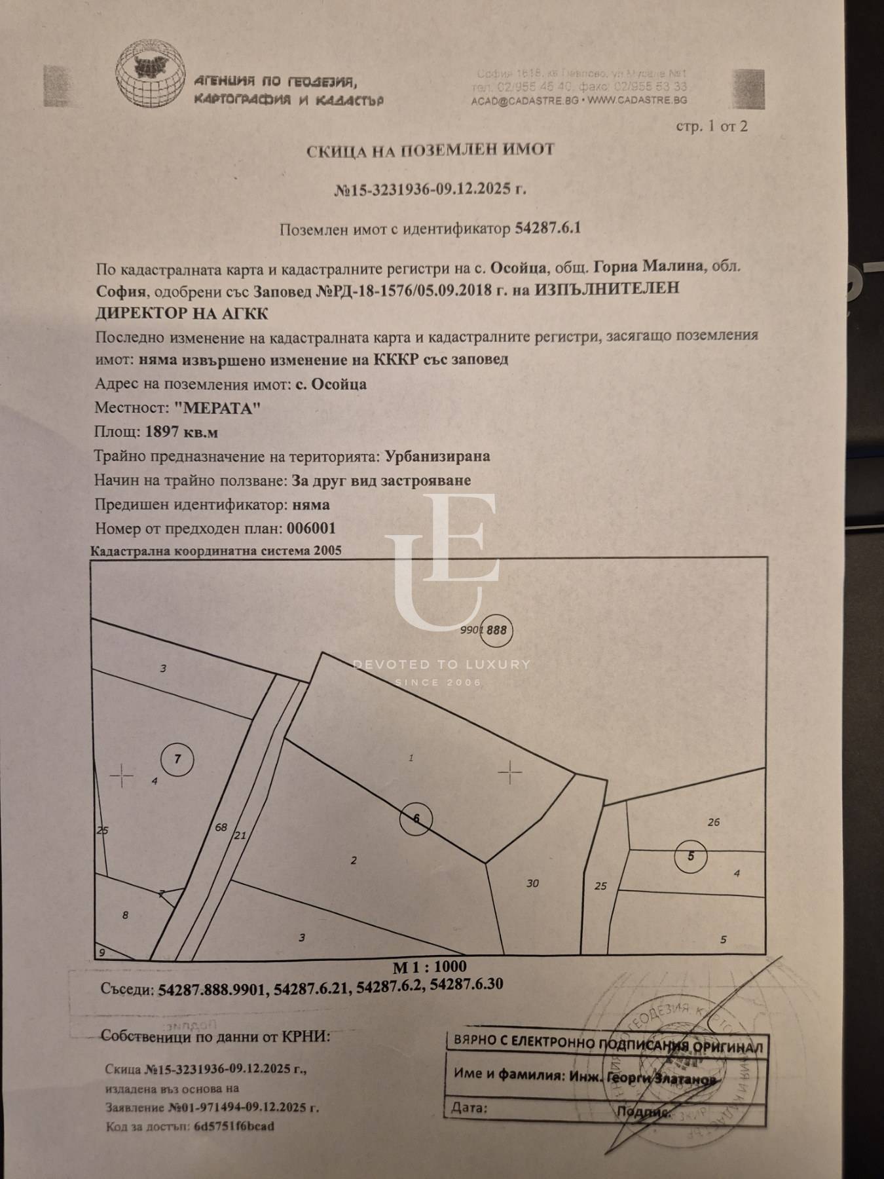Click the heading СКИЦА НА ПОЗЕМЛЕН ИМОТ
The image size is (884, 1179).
[x=431, y=150]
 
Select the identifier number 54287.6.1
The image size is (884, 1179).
[x=548, y=229]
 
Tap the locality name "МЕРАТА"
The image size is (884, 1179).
[x=218, y=408]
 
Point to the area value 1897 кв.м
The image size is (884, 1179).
[x=181, y=432]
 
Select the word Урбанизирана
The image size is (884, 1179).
[x=437, y=457]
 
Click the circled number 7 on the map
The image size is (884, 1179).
[x=177, y=759]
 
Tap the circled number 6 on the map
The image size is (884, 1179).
[x=416, y=818]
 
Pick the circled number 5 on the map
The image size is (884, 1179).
[x=691, y=855]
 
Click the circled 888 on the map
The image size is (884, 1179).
[x=497, y=630]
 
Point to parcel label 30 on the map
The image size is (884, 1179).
[x=532, y=884]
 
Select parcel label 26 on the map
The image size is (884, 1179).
[x=714, y=822]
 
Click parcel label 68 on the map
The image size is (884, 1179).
[x=221, y=827]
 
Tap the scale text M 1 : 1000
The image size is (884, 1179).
[x=430, y=967]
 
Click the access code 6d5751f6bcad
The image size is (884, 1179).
[x=234, y=1127]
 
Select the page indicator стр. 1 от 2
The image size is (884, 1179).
[x=711, y=126]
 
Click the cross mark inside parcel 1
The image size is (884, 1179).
[x=509, y=774]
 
